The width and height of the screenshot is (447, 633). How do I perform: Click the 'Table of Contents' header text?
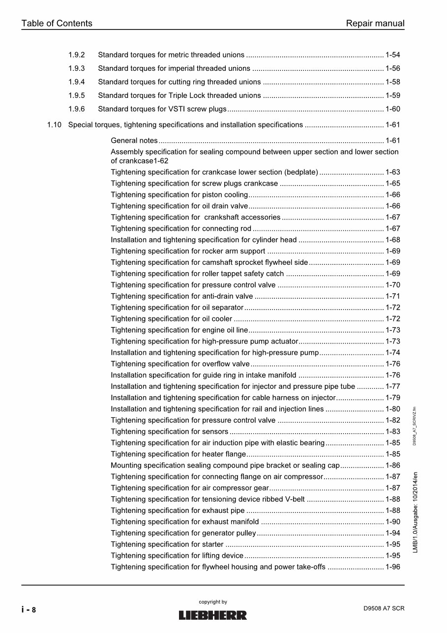pos(57,23)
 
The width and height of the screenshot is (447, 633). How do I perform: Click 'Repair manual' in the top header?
pos(375,23)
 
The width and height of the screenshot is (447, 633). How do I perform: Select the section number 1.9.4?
pos(76,82)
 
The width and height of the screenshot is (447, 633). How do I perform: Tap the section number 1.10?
pos(54,125)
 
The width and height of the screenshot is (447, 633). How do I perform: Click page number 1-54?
pos(392,55)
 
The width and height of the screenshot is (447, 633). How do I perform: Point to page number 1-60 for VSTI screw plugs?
pos(392,109)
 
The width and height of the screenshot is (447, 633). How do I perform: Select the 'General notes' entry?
pos(134,141)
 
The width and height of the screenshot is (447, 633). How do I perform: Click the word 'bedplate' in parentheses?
pos(301,172)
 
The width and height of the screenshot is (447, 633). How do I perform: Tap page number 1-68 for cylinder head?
pos(392,240)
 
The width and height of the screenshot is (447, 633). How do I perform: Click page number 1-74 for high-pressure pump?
pos(392,353)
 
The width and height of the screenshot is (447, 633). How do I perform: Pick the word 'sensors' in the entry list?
pos(215,432)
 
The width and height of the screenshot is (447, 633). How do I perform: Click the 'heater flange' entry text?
pos(224,454)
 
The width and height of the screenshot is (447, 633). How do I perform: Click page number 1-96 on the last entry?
pos(392,567)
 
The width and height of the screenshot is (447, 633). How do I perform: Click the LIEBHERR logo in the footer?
pos(212,615)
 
